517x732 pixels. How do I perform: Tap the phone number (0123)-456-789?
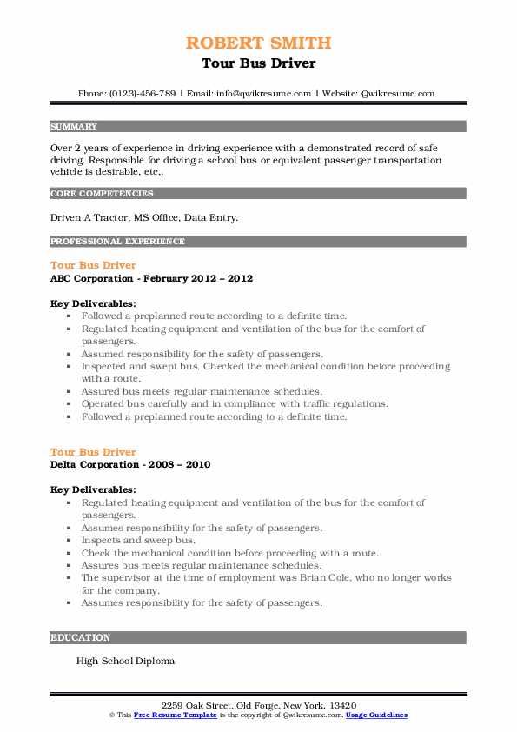tap(140, 93)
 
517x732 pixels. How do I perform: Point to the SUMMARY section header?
tap(74, 126)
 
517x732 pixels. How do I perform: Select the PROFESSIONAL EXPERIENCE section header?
tap(117, 241)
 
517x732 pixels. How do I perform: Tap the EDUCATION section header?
tap(81, 637)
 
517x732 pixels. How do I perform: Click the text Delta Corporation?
tap(95, 464)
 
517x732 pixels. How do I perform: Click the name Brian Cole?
tap(317, 577)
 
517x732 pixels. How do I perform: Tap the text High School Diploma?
tap(125, 661)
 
